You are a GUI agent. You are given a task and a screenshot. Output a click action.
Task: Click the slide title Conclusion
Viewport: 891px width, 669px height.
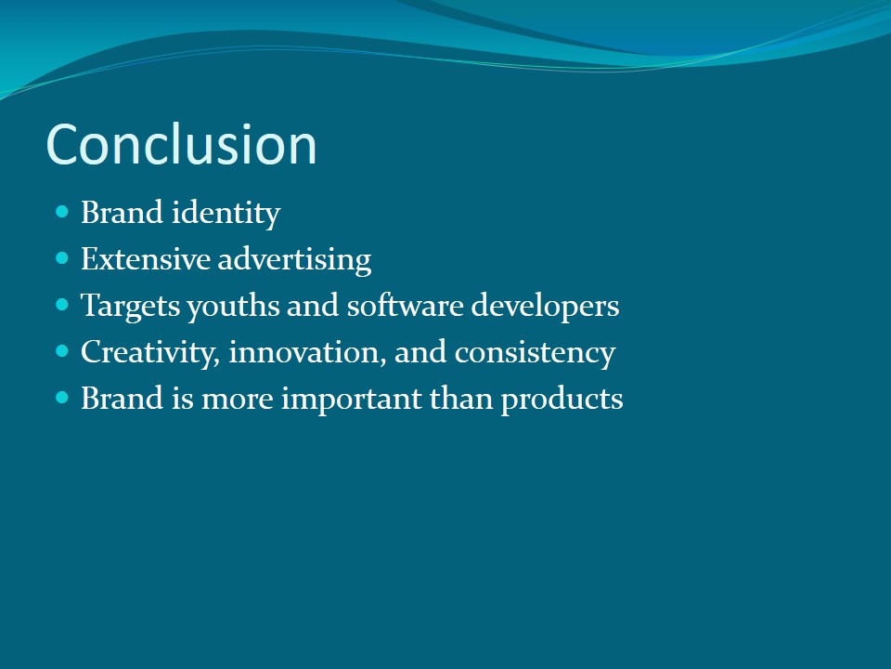coord(181,145)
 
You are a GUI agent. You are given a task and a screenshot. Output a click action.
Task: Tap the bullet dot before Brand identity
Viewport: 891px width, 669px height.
coord(62,212)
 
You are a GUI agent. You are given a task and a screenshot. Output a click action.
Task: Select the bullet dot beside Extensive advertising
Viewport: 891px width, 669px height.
coord(62,259)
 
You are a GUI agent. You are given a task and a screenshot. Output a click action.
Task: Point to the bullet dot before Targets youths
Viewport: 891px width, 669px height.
coord(62,305)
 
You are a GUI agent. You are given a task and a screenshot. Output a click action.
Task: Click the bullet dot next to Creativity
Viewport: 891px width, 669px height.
coord(62,351)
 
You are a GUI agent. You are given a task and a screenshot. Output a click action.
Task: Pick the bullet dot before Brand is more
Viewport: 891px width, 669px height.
coord(62,398)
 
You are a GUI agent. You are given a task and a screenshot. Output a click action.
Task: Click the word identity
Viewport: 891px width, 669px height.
coord(226,214)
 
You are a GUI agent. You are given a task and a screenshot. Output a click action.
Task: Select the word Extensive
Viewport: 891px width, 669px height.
coord(146,259)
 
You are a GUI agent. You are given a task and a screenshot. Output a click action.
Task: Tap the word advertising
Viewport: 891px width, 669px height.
coord(294,260)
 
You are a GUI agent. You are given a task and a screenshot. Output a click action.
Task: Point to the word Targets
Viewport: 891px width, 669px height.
coord(130,307)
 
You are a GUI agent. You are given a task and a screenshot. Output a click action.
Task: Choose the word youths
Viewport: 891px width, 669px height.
coord(233,307)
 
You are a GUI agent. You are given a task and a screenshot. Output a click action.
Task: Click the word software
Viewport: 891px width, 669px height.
coord(406,306)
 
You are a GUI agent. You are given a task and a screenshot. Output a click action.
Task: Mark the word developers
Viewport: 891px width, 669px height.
coord(545,307)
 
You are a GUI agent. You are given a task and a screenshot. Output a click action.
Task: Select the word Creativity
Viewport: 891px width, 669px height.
coord(150,353)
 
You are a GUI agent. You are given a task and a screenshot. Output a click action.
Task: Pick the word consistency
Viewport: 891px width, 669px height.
coord(535,353)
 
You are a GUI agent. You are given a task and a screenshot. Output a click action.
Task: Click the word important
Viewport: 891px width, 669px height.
coord(351,399)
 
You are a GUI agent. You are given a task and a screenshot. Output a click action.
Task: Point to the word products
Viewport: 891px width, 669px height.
coord(562,399)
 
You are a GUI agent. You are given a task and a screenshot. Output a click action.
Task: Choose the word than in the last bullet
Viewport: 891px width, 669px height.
coord(461,398)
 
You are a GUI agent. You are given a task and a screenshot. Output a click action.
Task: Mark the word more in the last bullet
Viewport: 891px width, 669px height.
coord(237,400)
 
